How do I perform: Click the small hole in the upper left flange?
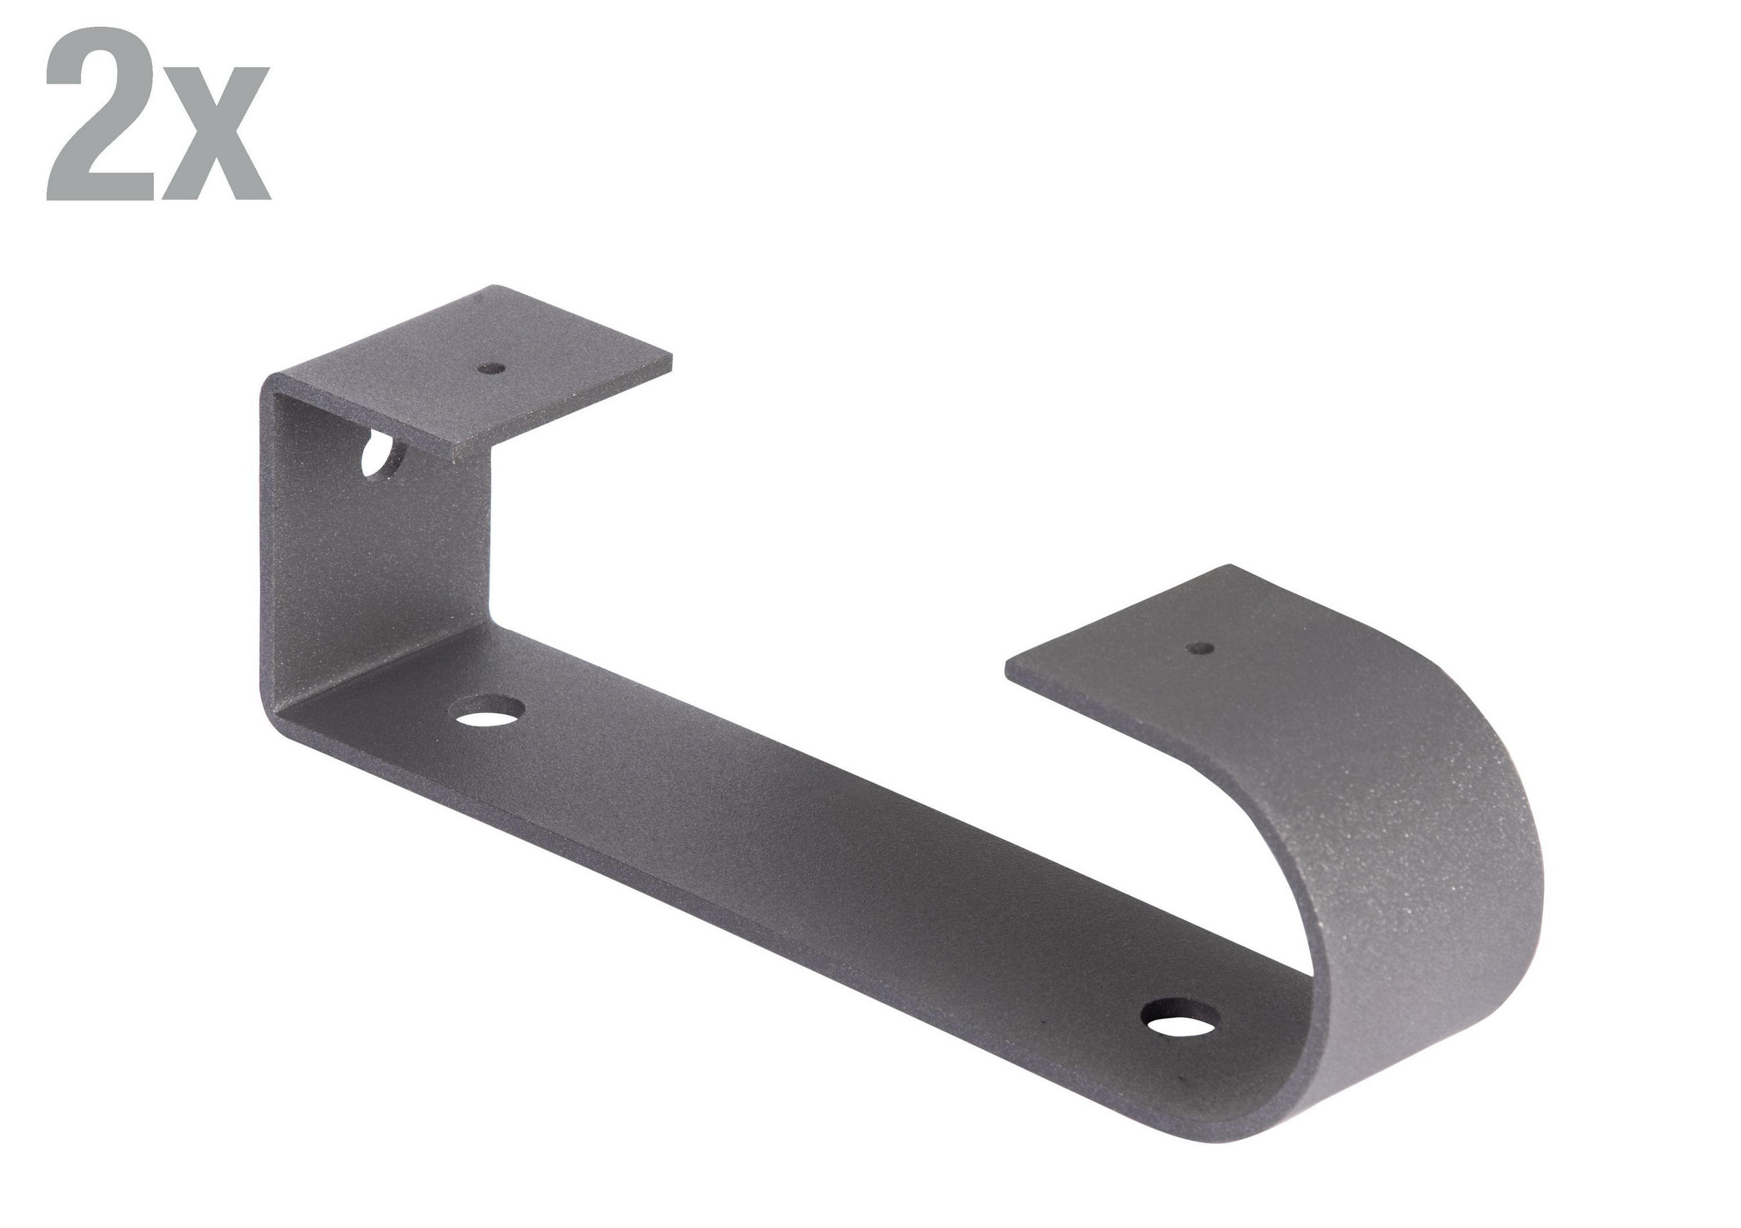[x=494, y=369]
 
